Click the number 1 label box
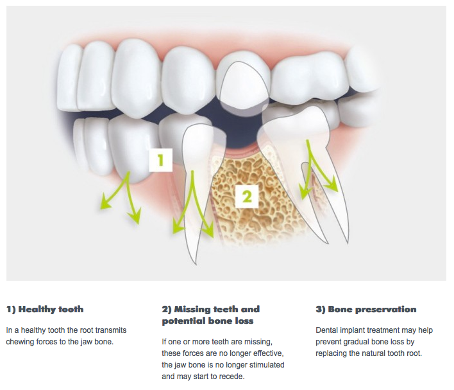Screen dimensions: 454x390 click(161, 160)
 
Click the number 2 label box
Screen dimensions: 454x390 click(247, 197)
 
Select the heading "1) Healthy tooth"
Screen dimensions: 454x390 click(45, 309)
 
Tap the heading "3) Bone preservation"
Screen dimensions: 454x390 click(366, 309)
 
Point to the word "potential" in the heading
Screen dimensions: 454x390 click(184, 321)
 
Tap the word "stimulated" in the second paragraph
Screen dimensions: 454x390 click(267, 365)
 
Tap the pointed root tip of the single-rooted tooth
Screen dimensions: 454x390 click(196, 263)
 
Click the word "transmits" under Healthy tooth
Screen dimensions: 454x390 click(111, 330)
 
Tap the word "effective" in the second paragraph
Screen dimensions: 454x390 click(269, 353)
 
